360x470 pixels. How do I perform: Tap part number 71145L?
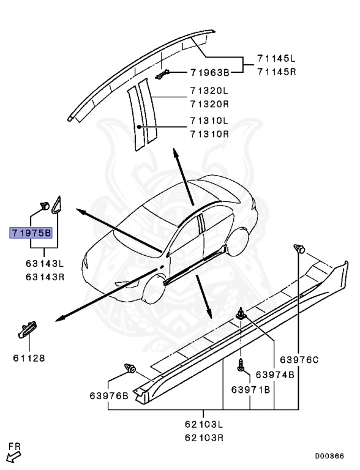(276, 59)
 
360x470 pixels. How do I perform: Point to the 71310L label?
(209, 120)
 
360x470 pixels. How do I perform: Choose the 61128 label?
(28, 357)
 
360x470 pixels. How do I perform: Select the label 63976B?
(109, 395)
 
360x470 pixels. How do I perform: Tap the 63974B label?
(275, 375)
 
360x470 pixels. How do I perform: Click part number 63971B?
(251, 389)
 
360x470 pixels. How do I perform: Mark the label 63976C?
(299, 360)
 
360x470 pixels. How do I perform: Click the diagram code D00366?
(329, 456)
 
